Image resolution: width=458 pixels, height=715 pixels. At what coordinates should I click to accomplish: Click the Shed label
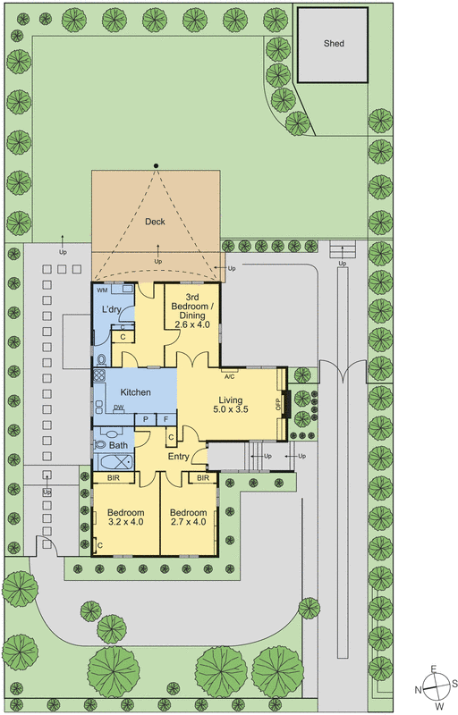point(334,43)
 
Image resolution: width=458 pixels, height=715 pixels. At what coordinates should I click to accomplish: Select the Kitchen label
point(136,392)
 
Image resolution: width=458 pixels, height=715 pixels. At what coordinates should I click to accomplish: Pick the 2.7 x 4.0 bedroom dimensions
point(188,522)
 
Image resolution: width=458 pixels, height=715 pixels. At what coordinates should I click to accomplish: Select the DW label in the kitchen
point(118,408)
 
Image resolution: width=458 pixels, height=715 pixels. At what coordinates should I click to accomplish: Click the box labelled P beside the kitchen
point(145,419)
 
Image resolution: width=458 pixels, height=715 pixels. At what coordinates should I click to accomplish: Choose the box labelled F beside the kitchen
point(165,419)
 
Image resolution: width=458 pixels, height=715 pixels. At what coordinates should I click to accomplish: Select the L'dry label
point(112,309)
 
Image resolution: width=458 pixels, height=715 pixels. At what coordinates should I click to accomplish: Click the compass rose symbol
point(435,687)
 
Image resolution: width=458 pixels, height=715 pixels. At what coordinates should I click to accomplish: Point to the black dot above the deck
point(156,165)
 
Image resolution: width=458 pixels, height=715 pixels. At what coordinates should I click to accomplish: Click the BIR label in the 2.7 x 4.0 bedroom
point(203,478)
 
